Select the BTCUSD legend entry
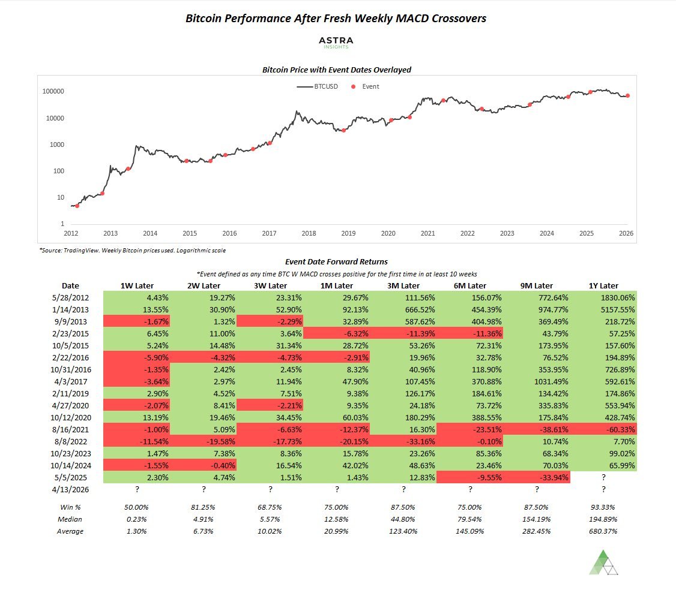coord(318,86)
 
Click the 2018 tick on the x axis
coord(309,233)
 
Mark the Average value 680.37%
coord(603,531)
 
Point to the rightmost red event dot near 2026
coord(627,95)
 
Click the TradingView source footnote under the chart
coord(132,249)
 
